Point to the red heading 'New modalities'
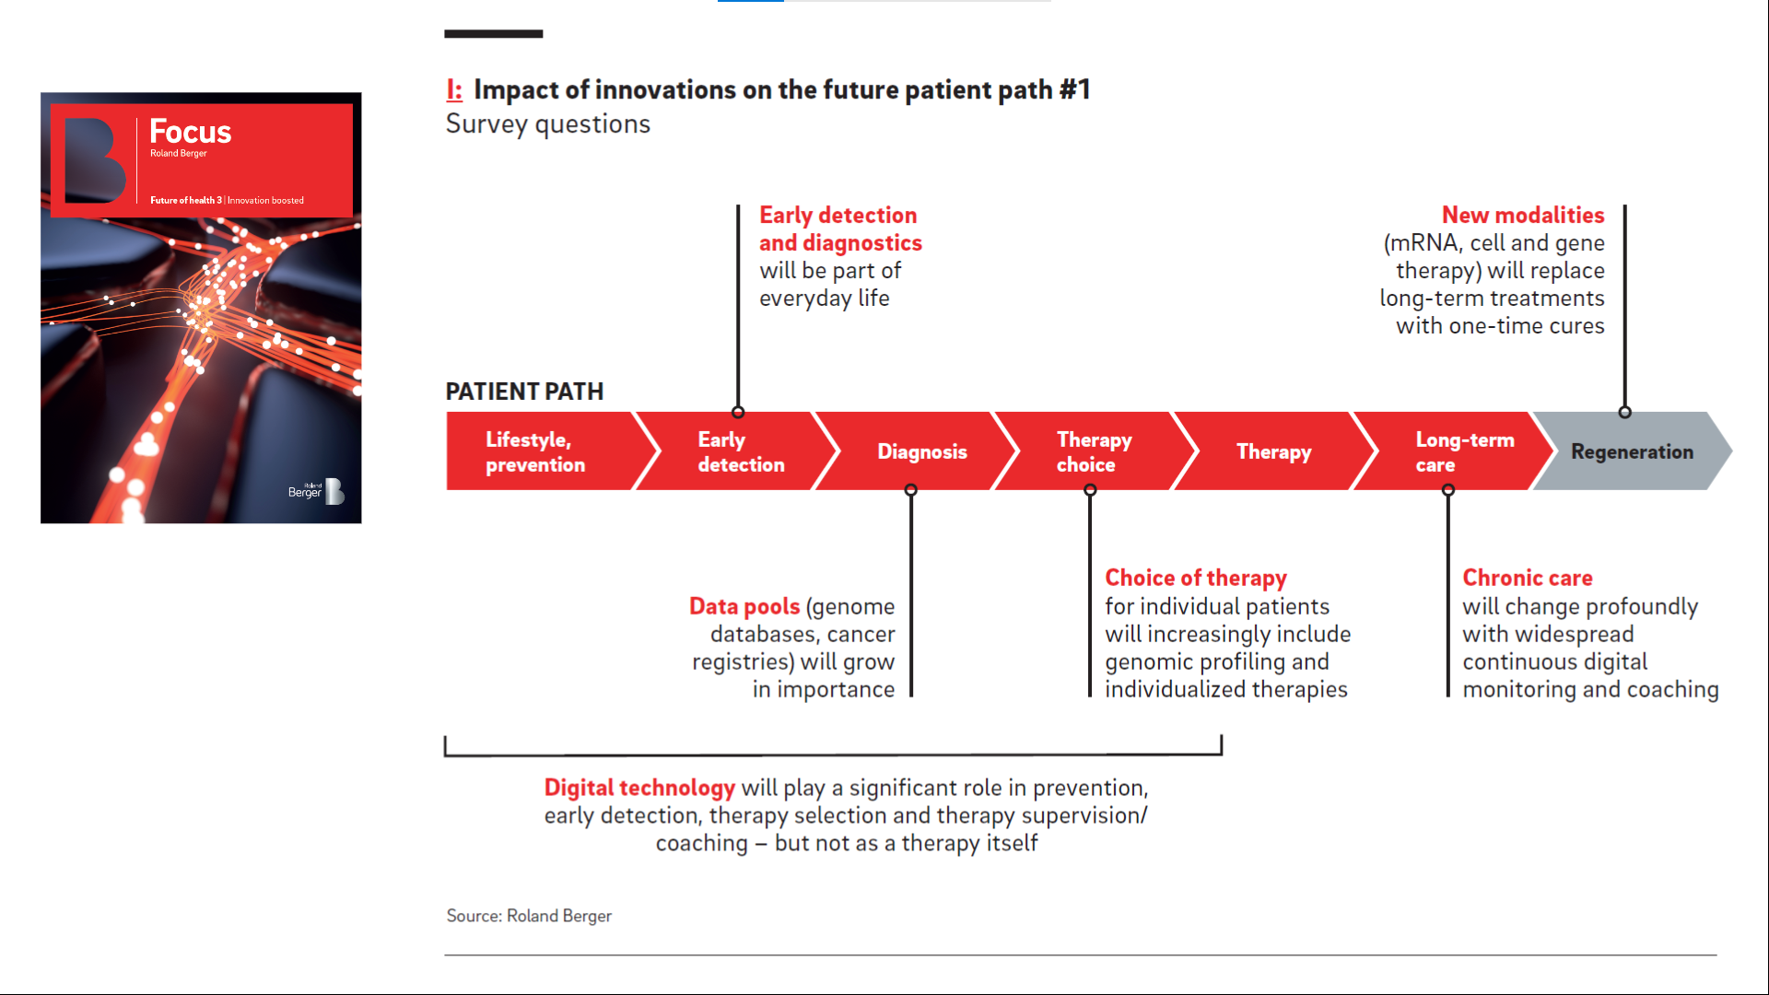(x=1523, y=215)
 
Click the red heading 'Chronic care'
(x=1528, y=578)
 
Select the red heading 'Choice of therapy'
(x=1196, y=578)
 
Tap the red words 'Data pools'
(x=744, y=606)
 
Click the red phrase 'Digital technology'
(x=639, y=788)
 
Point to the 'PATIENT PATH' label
(x=524, y=392)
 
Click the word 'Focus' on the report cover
(x=191, y=132)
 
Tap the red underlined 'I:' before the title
(x=454, y=89)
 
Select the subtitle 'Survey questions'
(x=548, y=124)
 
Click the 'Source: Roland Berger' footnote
(x=529, y=916)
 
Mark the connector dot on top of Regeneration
(x=1624, y=412)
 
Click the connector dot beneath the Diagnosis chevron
(x=910, y=490)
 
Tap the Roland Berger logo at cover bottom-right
(x=316, y=491)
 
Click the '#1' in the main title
(x=1074, y=89)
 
